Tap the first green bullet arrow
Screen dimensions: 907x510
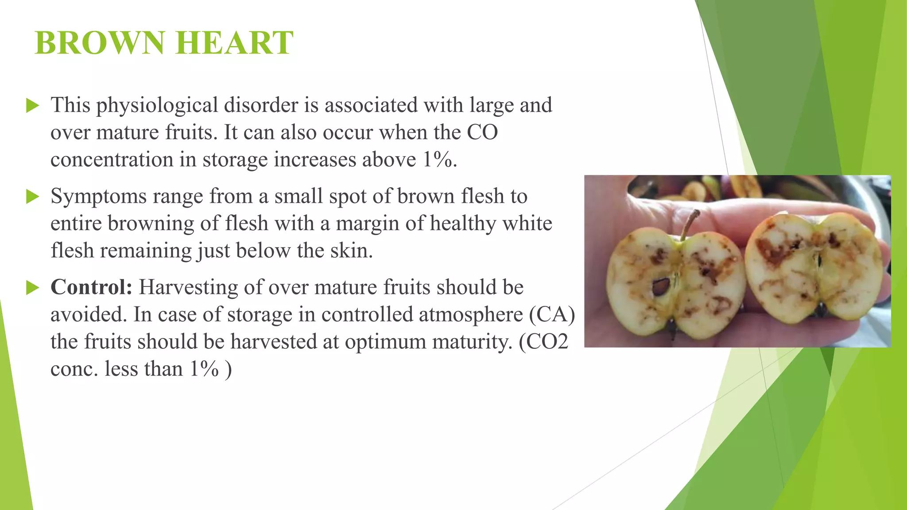click(x=33, y=105)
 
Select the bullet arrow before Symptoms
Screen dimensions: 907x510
click(x=33, y=197)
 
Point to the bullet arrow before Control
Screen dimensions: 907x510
click(x=33, y=288)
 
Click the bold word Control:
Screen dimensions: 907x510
click(x=92, y=287)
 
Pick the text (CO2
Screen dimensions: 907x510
click(x=543, y=342)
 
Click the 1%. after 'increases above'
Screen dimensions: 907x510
click(x=440, y=160)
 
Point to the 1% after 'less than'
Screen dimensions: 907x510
click(x=204, y=369)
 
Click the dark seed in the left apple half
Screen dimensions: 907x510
click(x=662, y=287)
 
